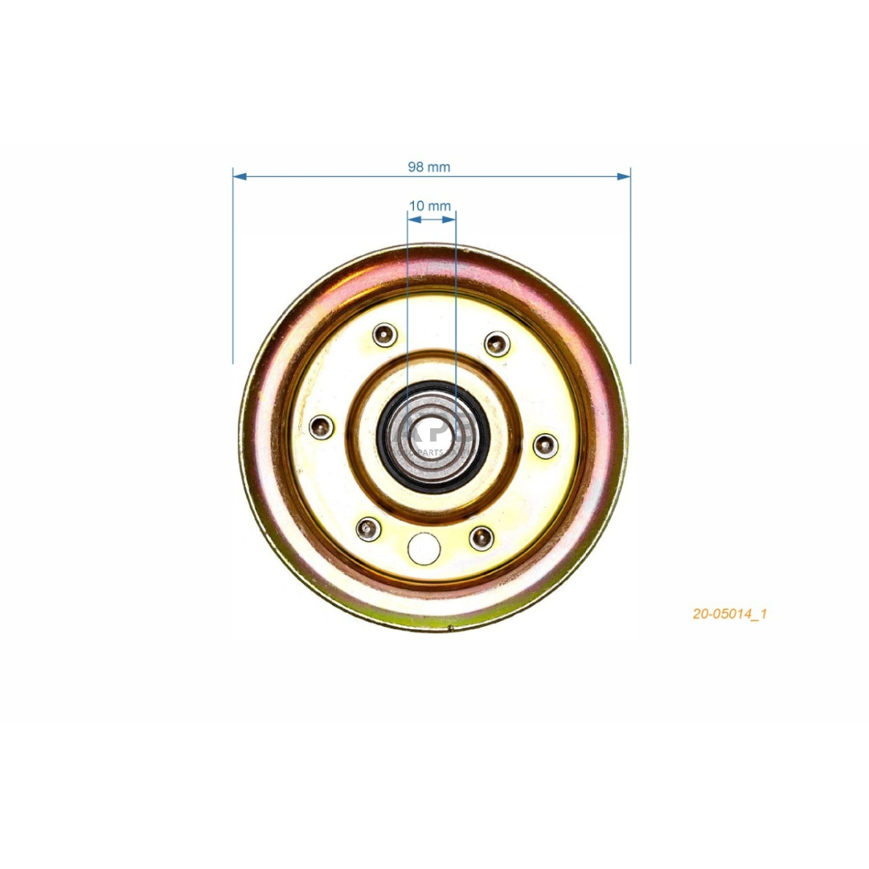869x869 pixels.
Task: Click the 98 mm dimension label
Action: (x=429, y=167)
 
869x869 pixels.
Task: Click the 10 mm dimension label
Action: (x=430, y=206)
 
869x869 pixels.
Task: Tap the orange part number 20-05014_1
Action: (x=729, y=614)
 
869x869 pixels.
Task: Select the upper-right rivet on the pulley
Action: (x=497, y=342)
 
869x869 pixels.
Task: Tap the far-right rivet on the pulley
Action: (x=546, y=444)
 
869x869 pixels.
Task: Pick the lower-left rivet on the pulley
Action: (x=368, y=527)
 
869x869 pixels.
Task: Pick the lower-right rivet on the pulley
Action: (x=481, y=538)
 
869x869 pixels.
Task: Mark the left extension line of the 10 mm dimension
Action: (x=407, y=293)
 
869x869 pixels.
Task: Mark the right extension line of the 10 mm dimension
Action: (x=456, y=293)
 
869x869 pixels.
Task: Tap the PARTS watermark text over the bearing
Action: (x=429, y=453)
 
